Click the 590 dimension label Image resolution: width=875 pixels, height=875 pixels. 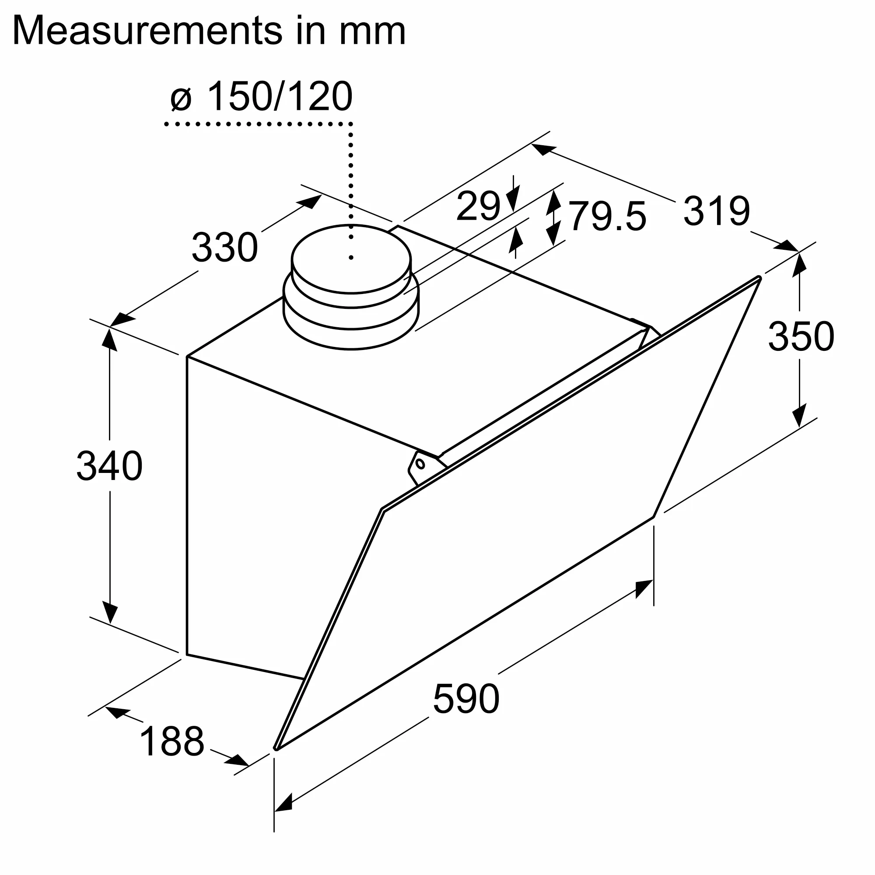466,699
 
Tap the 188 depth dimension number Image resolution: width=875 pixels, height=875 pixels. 172,742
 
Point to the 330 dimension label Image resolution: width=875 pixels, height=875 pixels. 224,247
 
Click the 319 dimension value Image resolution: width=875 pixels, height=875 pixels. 717,210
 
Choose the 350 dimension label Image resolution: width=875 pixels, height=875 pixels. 801,336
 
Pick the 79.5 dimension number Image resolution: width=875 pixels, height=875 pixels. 607,217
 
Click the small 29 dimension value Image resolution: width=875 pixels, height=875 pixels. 478,206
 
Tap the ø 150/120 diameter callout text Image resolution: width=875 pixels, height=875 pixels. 262,96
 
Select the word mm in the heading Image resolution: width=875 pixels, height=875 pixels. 372,31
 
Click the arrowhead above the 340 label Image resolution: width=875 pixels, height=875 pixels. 110,339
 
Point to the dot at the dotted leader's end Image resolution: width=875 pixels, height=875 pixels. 351,258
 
